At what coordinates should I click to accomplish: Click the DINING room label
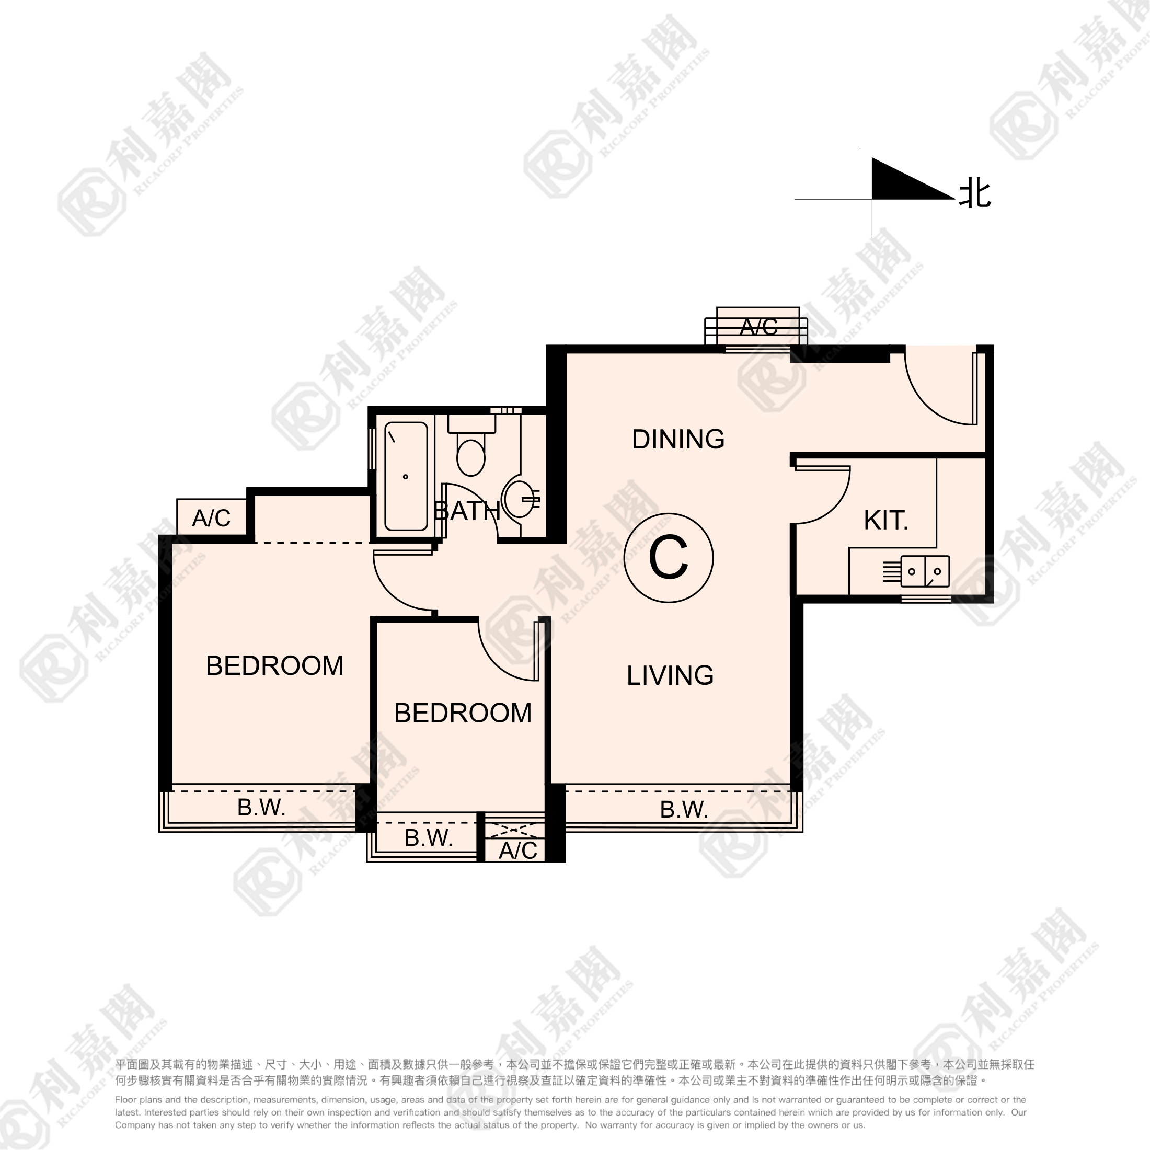[x=678, y=439]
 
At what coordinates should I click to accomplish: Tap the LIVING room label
[x=670, y=675]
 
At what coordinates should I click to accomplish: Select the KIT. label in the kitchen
[x=885, y=520]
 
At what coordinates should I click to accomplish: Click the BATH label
[x=467, y=511]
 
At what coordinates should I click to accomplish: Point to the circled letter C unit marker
[x=669, y=558]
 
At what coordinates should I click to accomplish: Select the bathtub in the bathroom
[x=406, y=476]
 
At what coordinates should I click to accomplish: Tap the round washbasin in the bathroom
[x=519, y=499]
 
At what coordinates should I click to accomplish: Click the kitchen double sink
[x=925, y=571]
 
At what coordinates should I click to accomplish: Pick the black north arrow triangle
[x=905, y=182]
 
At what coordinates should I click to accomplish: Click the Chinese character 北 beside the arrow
[x=975, y=194]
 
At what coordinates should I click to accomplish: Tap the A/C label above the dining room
[x=759, y=327]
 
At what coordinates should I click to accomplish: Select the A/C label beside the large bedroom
[x=211, y=519]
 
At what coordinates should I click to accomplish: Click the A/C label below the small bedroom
[x=518, y=850]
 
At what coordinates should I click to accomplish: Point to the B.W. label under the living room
[x=684, y=810]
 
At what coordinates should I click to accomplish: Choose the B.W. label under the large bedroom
[x=261, y=807]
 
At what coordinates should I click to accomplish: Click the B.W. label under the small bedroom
[x=429, y=838]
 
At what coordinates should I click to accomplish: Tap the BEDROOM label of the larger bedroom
[x=274, y=665]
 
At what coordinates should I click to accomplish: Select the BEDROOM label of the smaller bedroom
[x=463, y=713]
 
